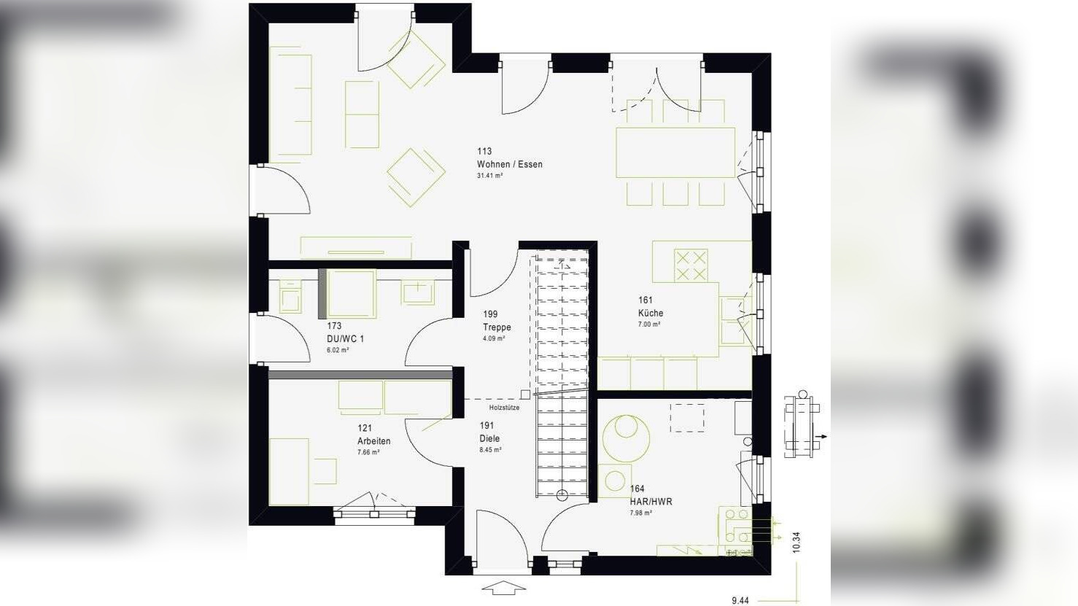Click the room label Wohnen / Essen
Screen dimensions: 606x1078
[509, 164]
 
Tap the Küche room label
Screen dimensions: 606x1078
[651, 313]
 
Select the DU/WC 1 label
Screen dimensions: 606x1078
[345, 338]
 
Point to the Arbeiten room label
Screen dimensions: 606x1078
[373, 441]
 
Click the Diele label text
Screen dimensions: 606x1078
[489, 438]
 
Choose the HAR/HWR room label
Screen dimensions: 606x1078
[651, 502]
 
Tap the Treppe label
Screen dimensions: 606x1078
[497, 327]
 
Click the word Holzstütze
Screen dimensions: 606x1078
[504, 408]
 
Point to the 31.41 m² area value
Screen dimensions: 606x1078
[489, 176]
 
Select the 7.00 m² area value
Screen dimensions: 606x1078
[649, 325]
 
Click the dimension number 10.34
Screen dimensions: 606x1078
[796, 542]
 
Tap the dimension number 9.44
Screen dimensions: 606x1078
[740, 600]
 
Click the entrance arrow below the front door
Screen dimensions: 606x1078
[504, 587]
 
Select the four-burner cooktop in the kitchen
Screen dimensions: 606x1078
[691, 265]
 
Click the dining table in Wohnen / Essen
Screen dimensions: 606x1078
[675, 152]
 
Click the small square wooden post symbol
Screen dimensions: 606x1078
[525, 395]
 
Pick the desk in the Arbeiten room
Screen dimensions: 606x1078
[289, 471]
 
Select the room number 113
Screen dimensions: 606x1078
[484, 152]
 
